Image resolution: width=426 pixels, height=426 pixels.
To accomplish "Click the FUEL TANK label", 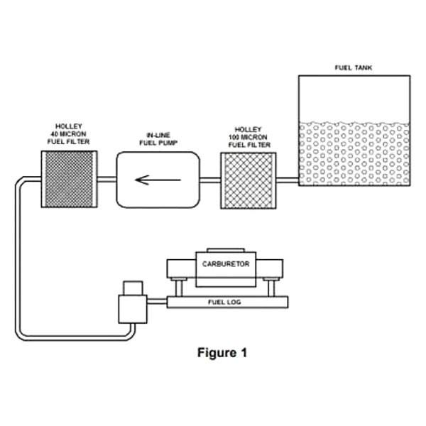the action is tap(353, 67).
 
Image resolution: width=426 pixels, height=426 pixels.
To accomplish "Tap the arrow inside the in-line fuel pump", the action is tap(158, 180).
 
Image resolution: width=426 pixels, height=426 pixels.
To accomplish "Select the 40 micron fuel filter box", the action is tap(70, 179).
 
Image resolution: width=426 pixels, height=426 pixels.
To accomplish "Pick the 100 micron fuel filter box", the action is tap(248, 180).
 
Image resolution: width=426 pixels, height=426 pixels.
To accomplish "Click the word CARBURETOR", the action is tap(226, 264).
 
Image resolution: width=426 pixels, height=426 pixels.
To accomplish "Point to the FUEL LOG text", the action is tap(224, 302).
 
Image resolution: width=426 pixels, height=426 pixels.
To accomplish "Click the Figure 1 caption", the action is tap(222, 353).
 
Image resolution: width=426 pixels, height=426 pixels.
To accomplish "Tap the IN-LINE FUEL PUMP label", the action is tap(158, 139).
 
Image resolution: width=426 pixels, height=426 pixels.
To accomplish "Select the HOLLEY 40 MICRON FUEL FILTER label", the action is tap(68, 134).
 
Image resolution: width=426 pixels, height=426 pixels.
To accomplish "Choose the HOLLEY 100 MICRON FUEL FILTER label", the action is tap(249, 137).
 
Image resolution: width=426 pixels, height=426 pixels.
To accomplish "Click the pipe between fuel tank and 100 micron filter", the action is tap(288, 180).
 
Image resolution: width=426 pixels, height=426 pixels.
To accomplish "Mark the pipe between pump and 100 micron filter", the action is tap(210, 180).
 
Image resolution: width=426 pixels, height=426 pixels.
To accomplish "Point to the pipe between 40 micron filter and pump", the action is tap(107, 180).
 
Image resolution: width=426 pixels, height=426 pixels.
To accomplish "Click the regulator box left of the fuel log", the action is tap(133, 309).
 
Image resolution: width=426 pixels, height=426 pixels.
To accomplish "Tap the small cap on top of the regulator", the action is tap(133, 288).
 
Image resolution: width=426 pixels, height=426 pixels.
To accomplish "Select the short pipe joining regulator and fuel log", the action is tap(157, 301).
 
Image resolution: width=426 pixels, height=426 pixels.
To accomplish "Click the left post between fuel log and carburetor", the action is tap(179, 288).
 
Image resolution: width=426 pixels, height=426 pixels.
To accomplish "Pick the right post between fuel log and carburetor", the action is tap(271, 288).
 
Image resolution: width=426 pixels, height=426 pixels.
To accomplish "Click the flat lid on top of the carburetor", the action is tap(226, 250).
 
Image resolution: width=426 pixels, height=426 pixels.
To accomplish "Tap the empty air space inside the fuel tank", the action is tap(354, 99).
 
